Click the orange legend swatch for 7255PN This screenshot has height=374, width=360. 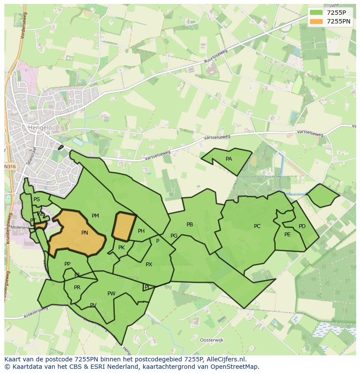pyautogui.click(x=317, y=21)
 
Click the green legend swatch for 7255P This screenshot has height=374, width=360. pyautogui.click(x=317, y=13)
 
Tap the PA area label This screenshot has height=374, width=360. pyautogui.click(x=229, y=159)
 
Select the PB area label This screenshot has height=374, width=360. pyautogui.click(x=190, y=225)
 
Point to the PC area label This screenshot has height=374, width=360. pyautogui.click(x=257, y=226)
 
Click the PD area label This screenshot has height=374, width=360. pyautogui.click(x=302, y=226)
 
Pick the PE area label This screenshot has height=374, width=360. pyautogui.click(x=287, y=235)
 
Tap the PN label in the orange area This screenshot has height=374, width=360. pyautogui.click(x=85, y=233)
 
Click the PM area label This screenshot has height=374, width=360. pyautogui.click(x=95, y=216)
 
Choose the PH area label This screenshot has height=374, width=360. pyautogui.click(x=141, y=231)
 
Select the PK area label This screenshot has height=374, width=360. pyautogui.click(x=121, y=248)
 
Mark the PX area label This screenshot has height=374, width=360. pyautogui.click(x=149, y=265)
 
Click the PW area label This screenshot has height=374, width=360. pyautogui.click(x=111, y=294)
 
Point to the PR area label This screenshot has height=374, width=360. pyautogui.click(x=77, y=288)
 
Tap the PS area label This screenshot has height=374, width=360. pyautogui.click(x=37, y=199)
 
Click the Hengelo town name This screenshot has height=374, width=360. pyautogui.click(x=40, y=128)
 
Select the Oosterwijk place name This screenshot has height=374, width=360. pyautogui.click(x=211, y=340)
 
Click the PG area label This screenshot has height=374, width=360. pyautogui.click(x=174, y=236)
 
